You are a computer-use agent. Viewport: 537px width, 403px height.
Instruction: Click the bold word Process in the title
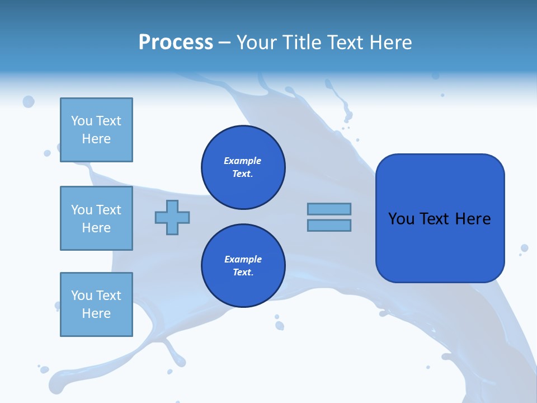(176, 43)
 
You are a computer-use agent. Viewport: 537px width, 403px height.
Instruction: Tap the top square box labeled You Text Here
(96, 130)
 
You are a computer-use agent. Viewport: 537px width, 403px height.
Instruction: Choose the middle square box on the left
(96, 218)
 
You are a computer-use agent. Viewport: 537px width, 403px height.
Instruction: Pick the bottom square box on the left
(96, 304)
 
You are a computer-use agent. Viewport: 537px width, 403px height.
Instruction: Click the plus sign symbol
(172, 217)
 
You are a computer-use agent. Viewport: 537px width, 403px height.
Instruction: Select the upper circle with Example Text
(243, 167)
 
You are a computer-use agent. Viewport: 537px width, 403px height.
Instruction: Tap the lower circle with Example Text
(243, 266)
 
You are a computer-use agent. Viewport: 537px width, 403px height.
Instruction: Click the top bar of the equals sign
(329, 209)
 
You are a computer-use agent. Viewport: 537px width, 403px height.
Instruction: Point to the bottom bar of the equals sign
(329, 226)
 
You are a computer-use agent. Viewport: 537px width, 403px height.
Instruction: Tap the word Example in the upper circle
(243, 161)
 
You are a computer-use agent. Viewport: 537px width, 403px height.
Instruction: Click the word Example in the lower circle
(243, 260)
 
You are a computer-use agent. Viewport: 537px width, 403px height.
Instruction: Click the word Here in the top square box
(96, 139)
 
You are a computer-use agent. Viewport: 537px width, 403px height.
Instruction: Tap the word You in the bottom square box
(82, 296)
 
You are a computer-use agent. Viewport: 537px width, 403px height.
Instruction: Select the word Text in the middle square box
(109, 210)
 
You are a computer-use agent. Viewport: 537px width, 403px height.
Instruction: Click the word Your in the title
(256, 43)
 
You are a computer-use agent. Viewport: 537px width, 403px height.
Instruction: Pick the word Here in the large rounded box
(473, 219)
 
